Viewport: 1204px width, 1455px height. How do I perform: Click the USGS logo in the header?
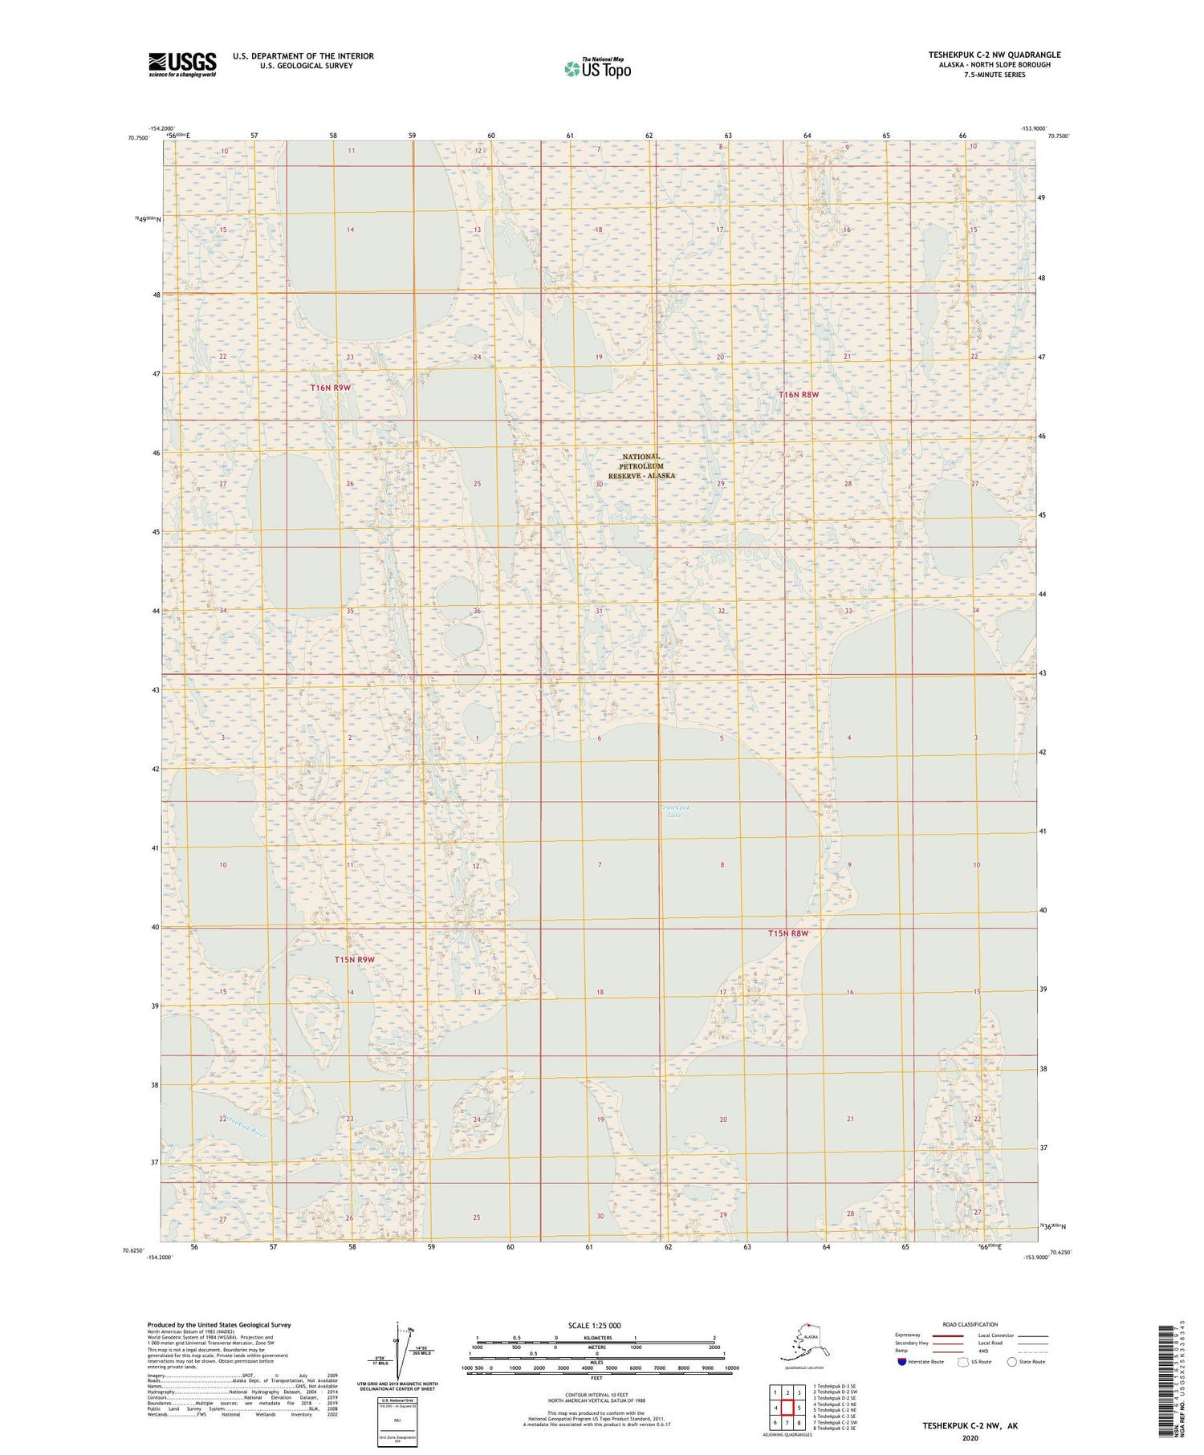pos(182,64)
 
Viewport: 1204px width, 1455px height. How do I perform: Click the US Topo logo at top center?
pos(597,68)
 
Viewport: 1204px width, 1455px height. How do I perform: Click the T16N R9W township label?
pos(331,388)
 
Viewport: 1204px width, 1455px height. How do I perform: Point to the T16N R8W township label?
pos(799,395)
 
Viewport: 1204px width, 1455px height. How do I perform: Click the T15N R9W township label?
pos(354,959)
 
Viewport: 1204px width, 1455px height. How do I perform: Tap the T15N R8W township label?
pos(787,933)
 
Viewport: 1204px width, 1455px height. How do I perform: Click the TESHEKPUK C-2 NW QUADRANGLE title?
pos(995,55)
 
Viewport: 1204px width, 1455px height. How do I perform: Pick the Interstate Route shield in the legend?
pos(902,1362)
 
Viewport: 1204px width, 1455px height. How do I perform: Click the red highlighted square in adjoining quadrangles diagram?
pos(787,1408)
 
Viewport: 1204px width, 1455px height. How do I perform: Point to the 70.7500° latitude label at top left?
pos(138,137)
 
